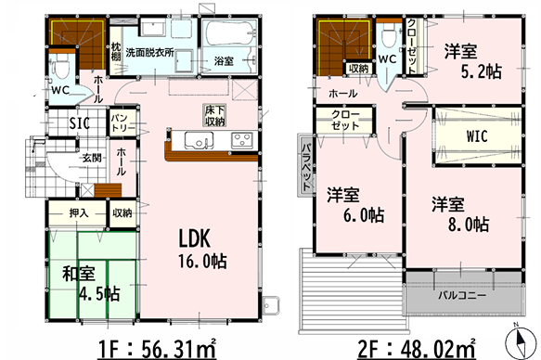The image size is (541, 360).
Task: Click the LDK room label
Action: [x=194, y=238]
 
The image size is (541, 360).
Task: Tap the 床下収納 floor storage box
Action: [x=214, y=116]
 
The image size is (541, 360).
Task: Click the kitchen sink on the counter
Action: [x=197, y=140]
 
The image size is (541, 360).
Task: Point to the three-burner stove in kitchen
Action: [x=242, y=140]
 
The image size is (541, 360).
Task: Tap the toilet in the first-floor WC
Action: [x=61, y=65]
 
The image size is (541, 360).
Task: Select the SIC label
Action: [x=79, y=123]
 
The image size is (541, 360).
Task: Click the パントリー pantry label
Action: [x=123, y=123]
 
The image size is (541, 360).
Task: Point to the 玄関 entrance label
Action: [x=92, y=159]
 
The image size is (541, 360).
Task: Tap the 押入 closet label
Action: [x=79, y=213]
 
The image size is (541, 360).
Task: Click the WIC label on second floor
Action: [x=477, y=136]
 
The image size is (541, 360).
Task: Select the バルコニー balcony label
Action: [x=462, y=296]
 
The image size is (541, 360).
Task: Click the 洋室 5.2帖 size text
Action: [x=482, y=71]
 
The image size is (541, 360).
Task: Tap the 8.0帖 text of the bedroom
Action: [x=469, y=225]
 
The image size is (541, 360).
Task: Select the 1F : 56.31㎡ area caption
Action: [x=158, y=349]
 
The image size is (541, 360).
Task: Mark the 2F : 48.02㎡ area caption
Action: [x=417, y=349]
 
